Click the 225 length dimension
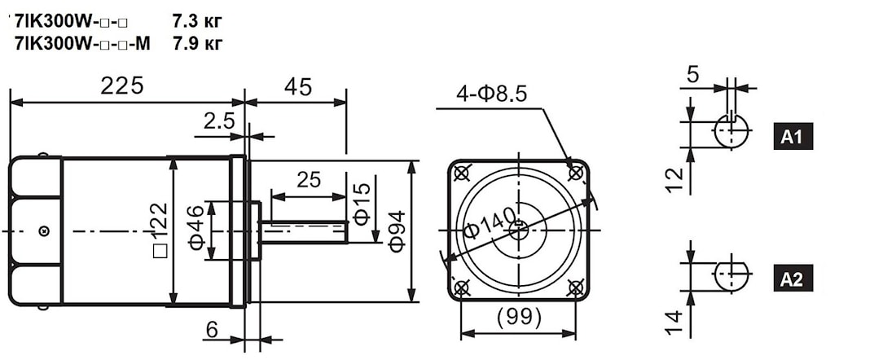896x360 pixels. click(121, 86)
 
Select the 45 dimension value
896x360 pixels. click(297, 86)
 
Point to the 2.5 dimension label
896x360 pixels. click(219, 121)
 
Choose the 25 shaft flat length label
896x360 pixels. click(308, 180)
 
